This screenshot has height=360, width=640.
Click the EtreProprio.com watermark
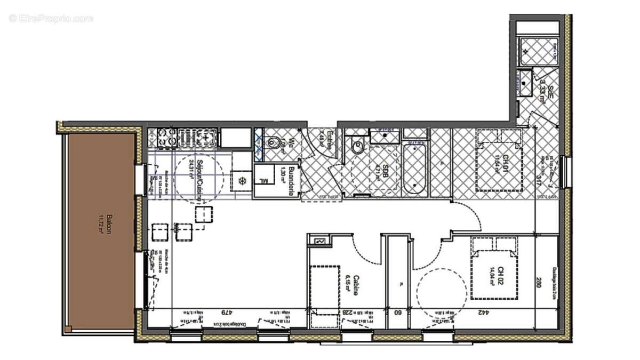(51, 18)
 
